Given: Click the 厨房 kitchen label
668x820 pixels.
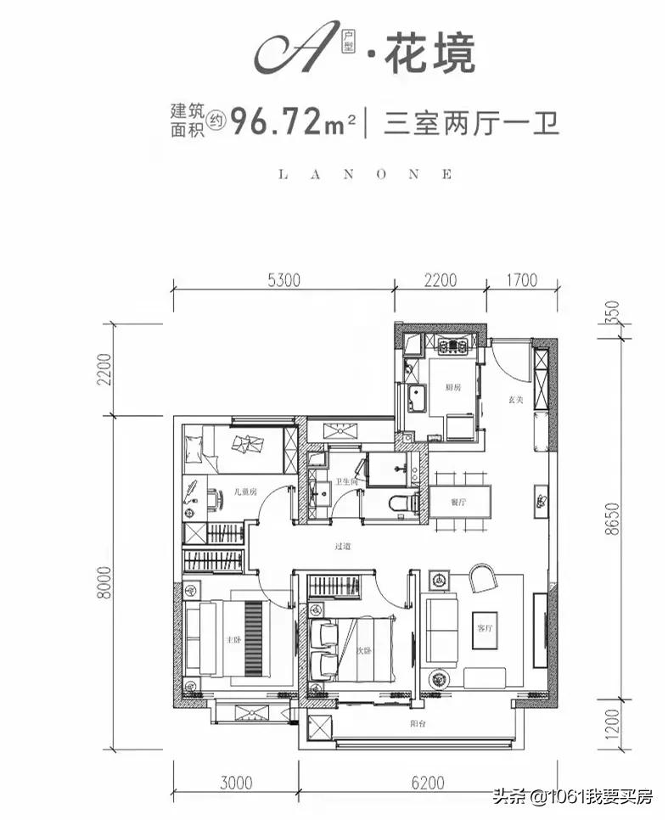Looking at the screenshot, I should click(x=452, y=386).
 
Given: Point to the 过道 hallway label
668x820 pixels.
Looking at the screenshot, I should click(x=342, y=548).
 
